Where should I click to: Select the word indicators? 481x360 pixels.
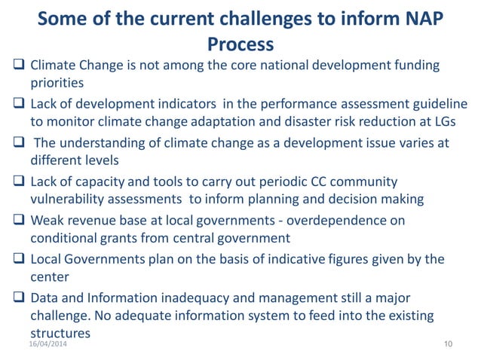click(x=174, y=102)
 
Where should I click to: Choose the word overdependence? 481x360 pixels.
click(x=342, y=220)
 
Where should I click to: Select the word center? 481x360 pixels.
click(x=49, y=278)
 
